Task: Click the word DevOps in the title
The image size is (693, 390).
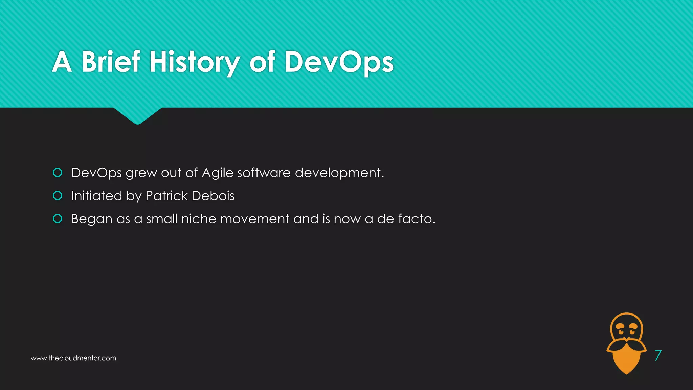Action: click(x=339, y=62)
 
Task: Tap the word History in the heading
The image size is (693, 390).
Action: click(x=195, y=62)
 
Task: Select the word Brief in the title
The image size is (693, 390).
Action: click(x=111, y=62)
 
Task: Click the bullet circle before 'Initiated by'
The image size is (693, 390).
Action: click(x=58, y=196)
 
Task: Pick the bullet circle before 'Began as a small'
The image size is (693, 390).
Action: click(x=58, y=219)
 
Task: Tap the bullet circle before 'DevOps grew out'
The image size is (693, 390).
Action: click(x=58, y=173)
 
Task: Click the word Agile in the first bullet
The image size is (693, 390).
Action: click(x=218, y=173)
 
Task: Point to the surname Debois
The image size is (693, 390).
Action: click(x=213, y=196)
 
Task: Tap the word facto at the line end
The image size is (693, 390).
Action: click(x=416, y=219)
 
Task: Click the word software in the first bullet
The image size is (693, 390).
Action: click(x=264, y=173)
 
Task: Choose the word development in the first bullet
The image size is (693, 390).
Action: click(x=339, y=173)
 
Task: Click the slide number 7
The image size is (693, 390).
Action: click(x=658, y=355)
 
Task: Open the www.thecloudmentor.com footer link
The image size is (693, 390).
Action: click(x=73, y=358)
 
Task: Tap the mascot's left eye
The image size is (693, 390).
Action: click(x=621, y=331)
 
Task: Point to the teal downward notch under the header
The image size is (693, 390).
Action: click(x=137, y=115)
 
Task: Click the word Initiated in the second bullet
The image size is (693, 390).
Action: click(x=96, y=196)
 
